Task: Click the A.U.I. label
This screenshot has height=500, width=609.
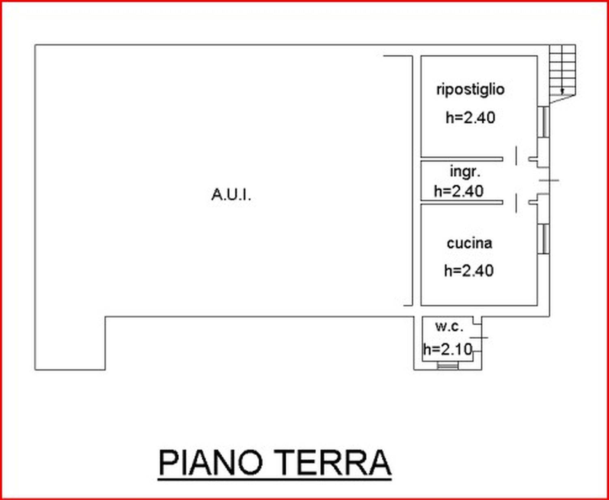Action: coord(231,195)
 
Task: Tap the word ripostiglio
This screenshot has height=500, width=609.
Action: coord(471,90)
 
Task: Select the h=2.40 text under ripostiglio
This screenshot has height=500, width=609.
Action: coord(471,118)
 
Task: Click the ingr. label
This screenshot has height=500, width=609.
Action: coord(465,172)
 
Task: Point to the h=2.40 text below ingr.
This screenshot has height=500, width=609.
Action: coord(459,191)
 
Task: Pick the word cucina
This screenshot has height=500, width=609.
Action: coord(469,243)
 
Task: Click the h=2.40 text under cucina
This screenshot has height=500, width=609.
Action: coord(469,271)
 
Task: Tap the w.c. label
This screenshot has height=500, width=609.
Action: coord(449,326)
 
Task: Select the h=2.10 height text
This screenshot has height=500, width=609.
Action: coord(447,349)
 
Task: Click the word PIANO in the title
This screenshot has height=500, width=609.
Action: coord(211,463)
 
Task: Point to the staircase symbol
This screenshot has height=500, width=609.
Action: coord(562,74)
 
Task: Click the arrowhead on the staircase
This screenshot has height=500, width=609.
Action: coord(562,91)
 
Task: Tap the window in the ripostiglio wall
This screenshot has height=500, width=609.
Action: coord(544,122)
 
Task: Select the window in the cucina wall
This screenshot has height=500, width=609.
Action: coord(544,239)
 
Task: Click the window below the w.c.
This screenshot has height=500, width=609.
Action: coord(447,366)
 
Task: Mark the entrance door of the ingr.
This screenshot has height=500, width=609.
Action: coord(549,180)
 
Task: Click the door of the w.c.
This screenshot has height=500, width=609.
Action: coord(479,337)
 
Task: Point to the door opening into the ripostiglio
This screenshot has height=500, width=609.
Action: coord(516,156)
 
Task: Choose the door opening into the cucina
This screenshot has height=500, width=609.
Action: coord(516,203)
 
